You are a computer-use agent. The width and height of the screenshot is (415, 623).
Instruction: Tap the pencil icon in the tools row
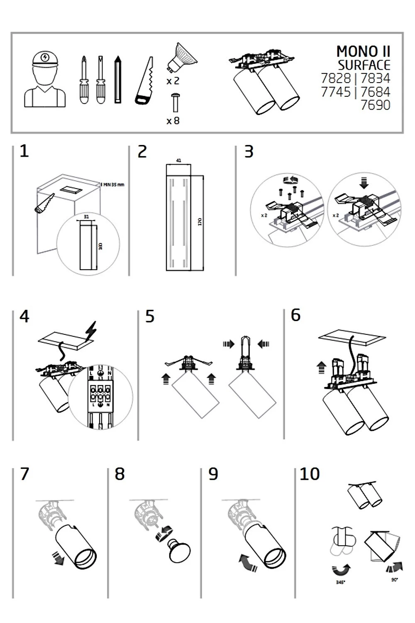point(118,79)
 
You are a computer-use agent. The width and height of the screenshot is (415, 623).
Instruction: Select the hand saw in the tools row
point(144,81)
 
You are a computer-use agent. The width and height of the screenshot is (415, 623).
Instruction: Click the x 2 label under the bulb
point(173,81)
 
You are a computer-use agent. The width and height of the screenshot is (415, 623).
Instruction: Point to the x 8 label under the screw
point(173,121)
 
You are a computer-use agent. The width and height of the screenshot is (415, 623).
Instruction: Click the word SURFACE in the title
point(364,65)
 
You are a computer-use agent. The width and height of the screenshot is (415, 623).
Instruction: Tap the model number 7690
point(375,105)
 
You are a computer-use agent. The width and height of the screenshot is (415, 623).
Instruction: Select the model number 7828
point(336,78)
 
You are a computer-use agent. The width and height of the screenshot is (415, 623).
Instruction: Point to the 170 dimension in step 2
point(200,221)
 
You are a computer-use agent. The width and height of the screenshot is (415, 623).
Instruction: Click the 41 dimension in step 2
point(178,160)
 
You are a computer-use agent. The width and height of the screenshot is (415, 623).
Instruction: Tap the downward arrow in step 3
point(364,183)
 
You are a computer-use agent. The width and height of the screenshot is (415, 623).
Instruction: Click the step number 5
point(150,316)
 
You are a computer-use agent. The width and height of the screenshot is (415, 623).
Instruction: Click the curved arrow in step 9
point(248,564)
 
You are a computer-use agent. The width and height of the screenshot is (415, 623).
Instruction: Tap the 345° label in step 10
point(340,582)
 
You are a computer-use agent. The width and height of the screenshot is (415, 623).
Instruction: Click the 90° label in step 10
point(394,579)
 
